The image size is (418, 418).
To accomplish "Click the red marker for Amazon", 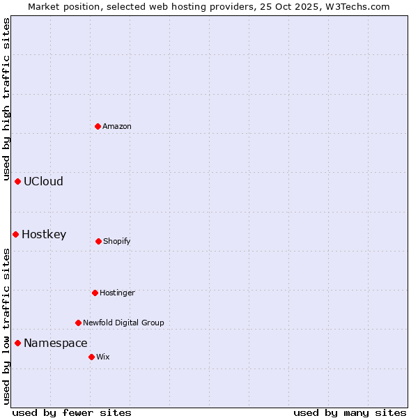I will tap(98, 126).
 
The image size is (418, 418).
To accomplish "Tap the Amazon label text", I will tap(117, 126).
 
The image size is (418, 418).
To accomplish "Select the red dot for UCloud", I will tap(17, 181).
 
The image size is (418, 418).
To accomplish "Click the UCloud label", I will tap(43, 182).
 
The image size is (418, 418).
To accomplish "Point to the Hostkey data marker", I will tap(15, 234).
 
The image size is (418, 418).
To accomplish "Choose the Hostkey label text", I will tap(44, 235).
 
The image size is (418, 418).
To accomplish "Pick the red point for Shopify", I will tap(98, 241).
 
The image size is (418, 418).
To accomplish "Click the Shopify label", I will tap(117, 241).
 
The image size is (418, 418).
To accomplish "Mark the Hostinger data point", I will tap(95, 293).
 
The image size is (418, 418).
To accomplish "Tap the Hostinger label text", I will tap(117, 293).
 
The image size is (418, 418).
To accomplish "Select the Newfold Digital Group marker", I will tap(78, 323).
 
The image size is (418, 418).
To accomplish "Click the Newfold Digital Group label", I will tap(123, 323).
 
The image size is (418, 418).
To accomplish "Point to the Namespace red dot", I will tap(17, 343).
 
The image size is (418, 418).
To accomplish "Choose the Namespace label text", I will tap(56, 343).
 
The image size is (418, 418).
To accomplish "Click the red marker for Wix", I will tap(91, 357).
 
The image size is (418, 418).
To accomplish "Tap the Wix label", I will tap(103, 357).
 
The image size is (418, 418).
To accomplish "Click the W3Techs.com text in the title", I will tap(357, 6).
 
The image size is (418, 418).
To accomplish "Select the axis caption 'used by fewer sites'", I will tap(72, 412).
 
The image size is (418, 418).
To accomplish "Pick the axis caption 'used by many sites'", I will tap(350, 412).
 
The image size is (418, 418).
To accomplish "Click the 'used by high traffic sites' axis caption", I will tap(6, 99).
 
